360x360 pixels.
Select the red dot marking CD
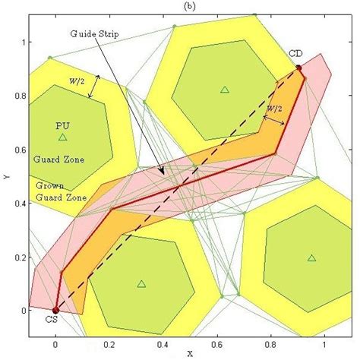coord(298,68)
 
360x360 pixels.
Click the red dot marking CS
coord(55,310)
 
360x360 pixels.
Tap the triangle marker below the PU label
coord(62,137)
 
